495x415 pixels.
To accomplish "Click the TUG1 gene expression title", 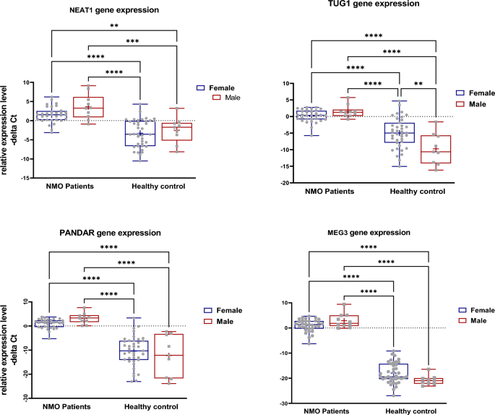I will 376,4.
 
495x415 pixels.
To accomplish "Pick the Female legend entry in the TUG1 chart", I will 479,93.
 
